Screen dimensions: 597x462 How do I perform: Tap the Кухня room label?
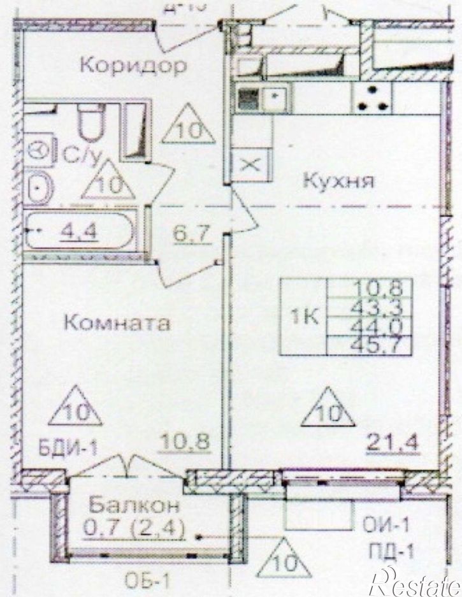[336, 181]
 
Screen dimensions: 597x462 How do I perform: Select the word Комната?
[118, 323]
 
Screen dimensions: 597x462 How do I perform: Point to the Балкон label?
[134, 506]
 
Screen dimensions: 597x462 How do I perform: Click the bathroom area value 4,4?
[73, 233]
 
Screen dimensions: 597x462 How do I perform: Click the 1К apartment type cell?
[305, 317]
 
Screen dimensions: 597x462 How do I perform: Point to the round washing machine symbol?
[42, 152]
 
